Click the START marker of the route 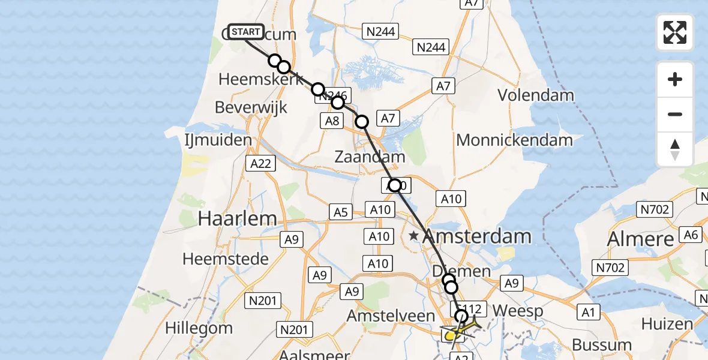245,32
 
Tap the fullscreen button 675,32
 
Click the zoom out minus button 675,114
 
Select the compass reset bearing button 675,149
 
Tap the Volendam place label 536,95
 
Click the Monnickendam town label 515,140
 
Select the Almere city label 641,239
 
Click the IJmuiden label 218,140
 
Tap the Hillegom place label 199,328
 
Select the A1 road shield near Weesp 588,311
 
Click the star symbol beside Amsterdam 413,236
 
